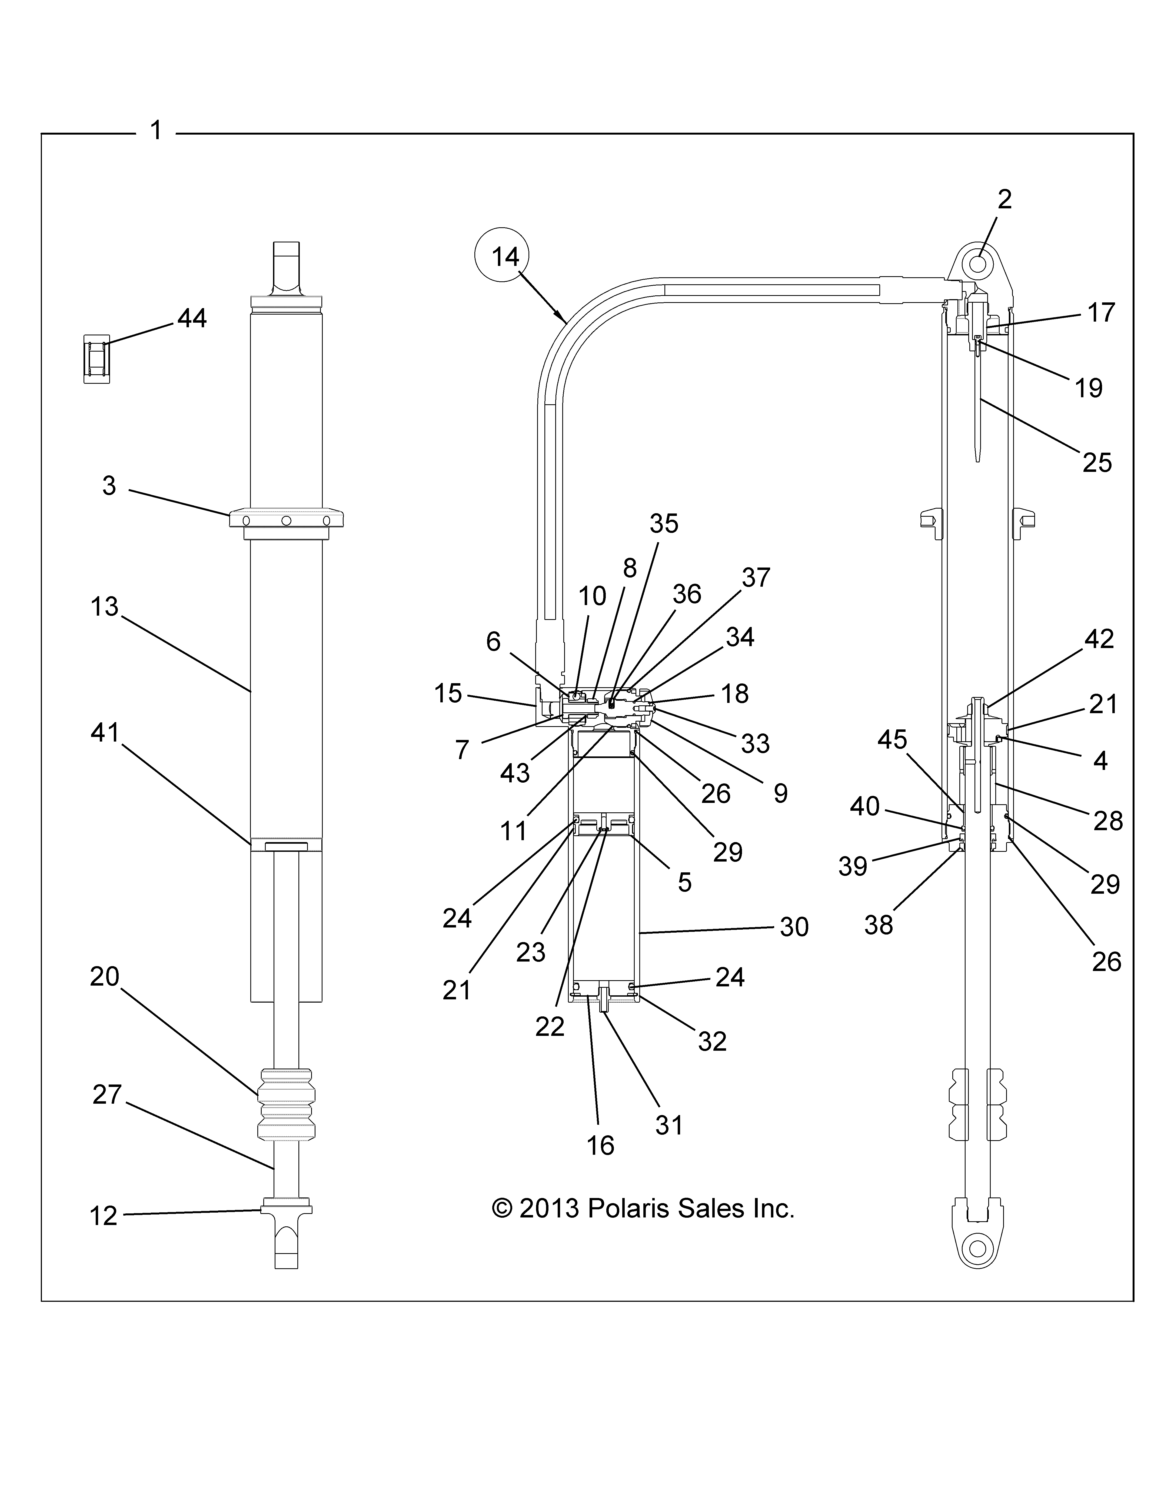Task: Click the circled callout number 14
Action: [x=505, y=257]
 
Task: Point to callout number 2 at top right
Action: [x=1004, y=199]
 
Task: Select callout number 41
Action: [x=105, y=732]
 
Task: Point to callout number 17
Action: [x=1101, y=313]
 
